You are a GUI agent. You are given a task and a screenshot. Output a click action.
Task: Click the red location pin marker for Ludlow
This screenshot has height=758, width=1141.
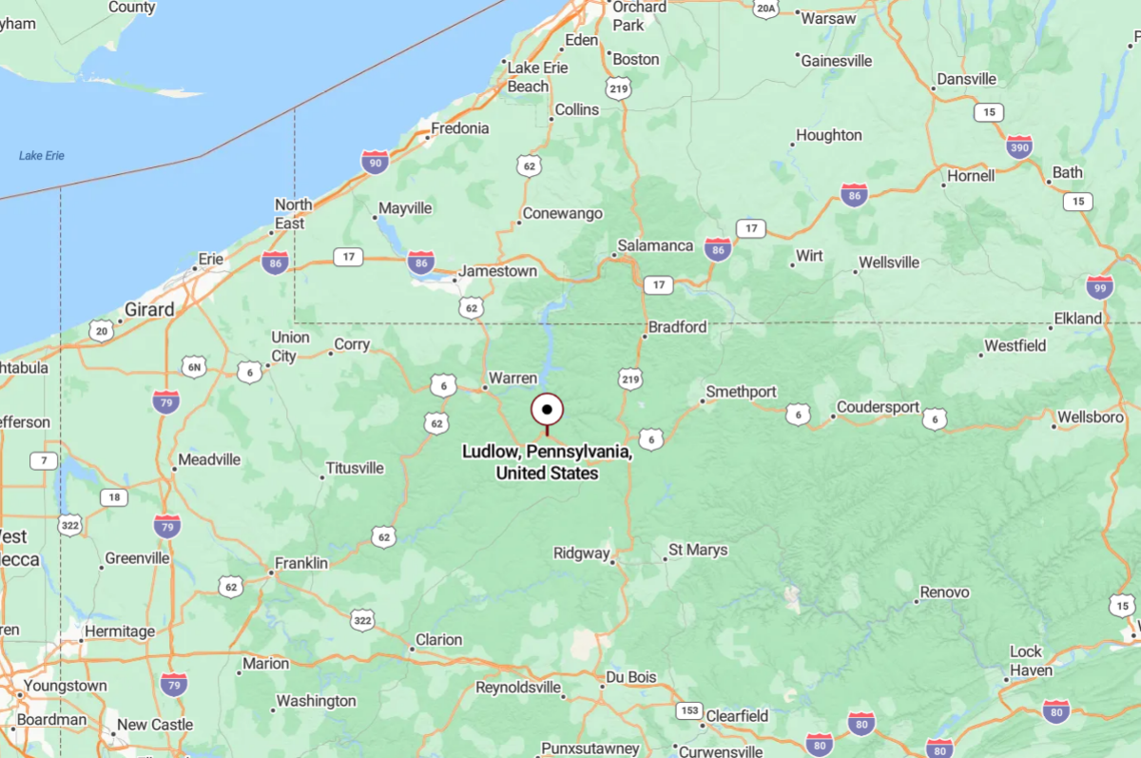click(547, 410)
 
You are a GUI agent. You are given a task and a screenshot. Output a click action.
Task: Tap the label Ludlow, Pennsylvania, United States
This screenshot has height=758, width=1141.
click(548, 462)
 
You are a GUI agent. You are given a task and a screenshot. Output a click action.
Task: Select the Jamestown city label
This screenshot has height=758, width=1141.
click(497, 271)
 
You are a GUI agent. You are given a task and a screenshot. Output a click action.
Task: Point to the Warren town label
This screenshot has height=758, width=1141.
click(512, 378)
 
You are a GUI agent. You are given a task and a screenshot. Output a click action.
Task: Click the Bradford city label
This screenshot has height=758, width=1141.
click(677, 327)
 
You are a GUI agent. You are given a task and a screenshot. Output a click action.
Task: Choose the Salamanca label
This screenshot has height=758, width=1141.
click(655, 245)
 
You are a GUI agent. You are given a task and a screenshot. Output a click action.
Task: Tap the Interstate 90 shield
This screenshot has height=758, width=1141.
click(375, 162)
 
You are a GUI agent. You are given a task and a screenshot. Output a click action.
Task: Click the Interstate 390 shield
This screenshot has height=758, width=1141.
click(1019, 146)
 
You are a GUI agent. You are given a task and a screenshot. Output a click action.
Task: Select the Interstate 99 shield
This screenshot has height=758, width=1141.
click(1099, 287)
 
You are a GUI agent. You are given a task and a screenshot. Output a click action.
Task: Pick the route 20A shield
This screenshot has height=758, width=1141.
click(765, 9)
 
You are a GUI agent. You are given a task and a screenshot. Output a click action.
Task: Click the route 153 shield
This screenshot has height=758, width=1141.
click(690, 710)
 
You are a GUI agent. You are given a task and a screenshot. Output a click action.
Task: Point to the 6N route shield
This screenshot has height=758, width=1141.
click(194, 366)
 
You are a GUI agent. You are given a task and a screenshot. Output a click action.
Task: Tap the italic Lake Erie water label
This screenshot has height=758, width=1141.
click(42, 155)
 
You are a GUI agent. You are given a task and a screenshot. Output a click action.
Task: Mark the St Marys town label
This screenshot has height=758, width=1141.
click(698, 550)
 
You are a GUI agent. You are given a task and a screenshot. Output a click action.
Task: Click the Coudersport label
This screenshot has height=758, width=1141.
click(878, 408)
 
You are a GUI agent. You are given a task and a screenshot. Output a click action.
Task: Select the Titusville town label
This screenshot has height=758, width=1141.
click(355, 468)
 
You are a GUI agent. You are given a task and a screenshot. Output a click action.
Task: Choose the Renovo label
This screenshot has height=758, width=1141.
click(944, 593)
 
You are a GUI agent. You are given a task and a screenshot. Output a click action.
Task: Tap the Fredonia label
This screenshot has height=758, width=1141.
click(460, 128)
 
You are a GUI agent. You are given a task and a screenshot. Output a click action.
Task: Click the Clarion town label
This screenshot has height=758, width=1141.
click(438, 639)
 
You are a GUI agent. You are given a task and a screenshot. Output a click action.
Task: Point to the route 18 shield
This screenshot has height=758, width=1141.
click(114, 496)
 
